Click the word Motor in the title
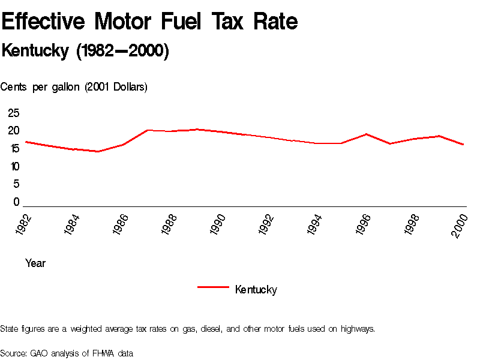(x=127, y=22)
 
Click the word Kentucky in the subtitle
(x=35, y=51)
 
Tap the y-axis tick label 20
(x=14, y=131)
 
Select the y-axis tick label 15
(x=14, y=149)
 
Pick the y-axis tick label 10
(x=14, y=166)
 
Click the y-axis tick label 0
(x=17, y=202)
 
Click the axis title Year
(x=35, y=263)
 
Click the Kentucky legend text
(x=256, y=290)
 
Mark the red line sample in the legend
(x=213, y=287)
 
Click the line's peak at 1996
(x=367, y=134)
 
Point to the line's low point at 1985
(x=98, y=151)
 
